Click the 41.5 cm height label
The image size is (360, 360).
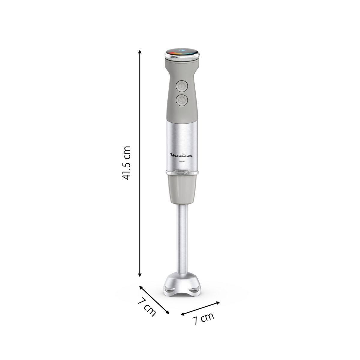126,163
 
